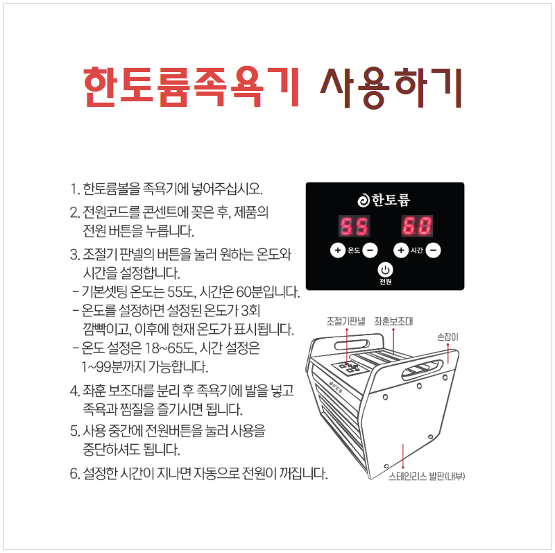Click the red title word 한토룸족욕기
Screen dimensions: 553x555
click(x=191, y=88)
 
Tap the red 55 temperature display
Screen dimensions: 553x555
click(x=353, y=226)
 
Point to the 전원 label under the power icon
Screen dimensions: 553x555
click(x=386, y=282)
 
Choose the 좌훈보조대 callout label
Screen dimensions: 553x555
click(x=393, y=321)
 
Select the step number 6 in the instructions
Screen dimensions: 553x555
click(x=74, y=475)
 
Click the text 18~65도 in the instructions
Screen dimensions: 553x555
click(x=169, y=348)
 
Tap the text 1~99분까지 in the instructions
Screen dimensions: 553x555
click(x=115, y=366)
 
